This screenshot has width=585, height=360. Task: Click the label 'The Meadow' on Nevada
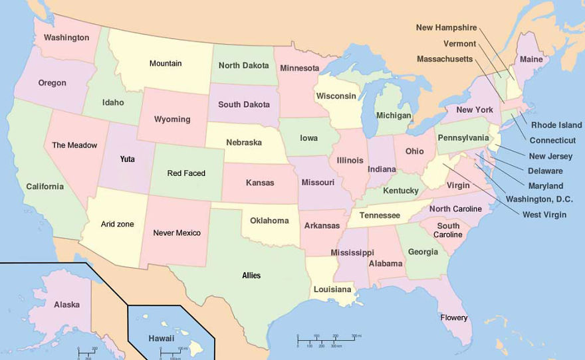[x=74, y=145]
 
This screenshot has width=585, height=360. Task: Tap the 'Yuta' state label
[x=127, y=159]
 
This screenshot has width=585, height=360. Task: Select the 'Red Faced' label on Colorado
[x=186, y=173]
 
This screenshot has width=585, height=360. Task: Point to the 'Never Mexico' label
[x=177, y=233]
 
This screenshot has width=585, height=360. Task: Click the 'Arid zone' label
[x=117, y=225]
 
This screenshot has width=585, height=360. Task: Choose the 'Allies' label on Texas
[x=251, y=276]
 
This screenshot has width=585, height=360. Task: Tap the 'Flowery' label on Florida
[x=454, y=318]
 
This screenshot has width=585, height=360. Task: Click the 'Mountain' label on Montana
[x=166, y=64]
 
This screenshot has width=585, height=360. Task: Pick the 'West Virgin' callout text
[x=544, y=215]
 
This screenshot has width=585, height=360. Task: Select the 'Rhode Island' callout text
[x=556, y=125]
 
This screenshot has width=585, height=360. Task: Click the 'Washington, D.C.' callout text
[x=538, y=199]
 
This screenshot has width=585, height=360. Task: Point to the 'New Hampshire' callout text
[x=446, y=28]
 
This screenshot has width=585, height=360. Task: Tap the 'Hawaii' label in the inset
[x=162, y=338]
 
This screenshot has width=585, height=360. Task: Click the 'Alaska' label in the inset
[x=66, y=305]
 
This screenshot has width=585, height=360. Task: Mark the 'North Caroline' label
[x=455, y=209]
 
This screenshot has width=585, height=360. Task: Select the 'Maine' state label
[x=531, y=60]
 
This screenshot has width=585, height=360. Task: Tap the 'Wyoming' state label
[x=172, y=120]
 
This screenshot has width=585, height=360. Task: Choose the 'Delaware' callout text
[x=545, y=171]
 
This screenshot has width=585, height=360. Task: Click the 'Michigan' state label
[x=394, y=116]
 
